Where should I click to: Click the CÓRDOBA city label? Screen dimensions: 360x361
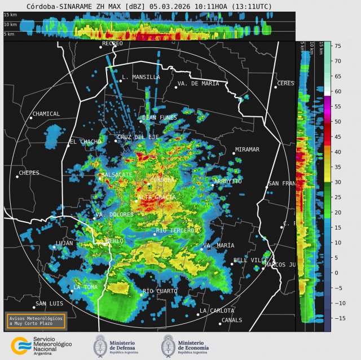tap(162, 180)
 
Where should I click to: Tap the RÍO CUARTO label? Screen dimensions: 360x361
tap(160, 291)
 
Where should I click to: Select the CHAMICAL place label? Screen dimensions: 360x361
tap(46, 114)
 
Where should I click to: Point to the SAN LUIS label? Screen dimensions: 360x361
tap(49, 304)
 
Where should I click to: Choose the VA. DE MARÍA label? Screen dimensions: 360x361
tap(198, 84)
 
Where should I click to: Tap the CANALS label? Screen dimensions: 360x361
tap(232, 320)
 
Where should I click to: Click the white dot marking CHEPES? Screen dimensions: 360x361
tap(17, 177)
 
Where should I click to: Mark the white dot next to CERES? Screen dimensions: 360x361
tap(276, 87)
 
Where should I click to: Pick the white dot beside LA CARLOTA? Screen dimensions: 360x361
tap(199, 314)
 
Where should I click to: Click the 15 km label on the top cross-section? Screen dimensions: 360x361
tap(10, 15)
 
